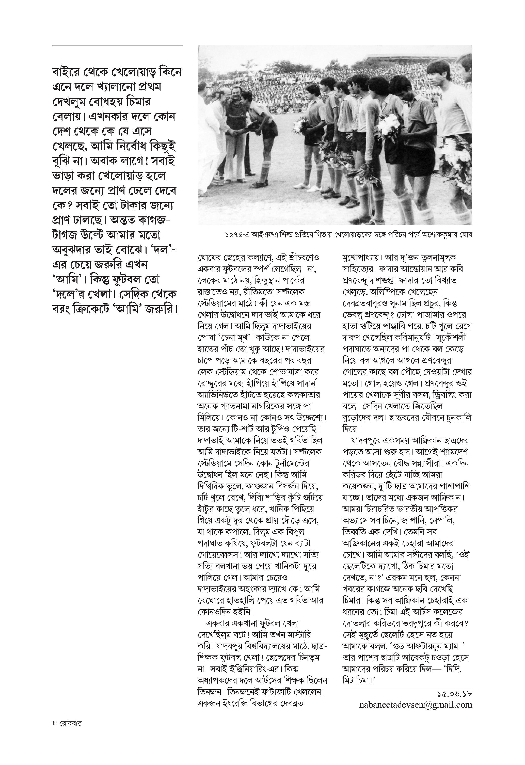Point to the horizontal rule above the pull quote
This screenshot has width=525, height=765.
(x=117, y=45)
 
